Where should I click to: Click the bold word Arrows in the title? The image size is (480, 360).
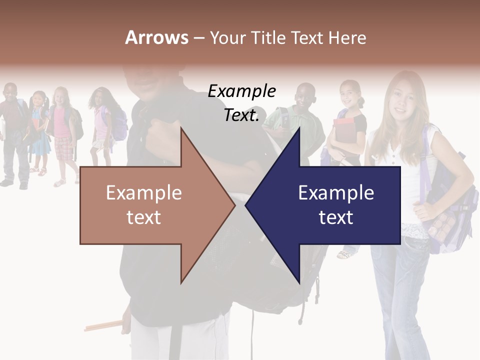(156, 37)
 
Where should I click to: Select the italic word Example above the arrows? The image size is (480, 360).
(242, 91)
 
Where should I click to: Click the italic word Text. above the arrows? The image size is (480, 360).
(242, 115)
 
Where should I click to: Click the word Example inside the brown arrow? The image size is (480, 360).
(144, 193)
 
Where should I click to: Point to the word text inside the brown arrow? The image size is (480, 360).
(144, 217)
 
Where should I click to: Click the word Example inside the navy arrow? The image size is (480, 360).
(336, 193)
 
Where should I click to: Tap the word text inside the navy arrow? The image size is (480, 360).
(336, 217)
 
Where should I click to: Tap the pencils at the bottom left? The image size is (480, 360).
(103, 326)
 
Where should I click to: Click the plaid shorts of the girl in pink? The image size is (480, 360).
(63, 148)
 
